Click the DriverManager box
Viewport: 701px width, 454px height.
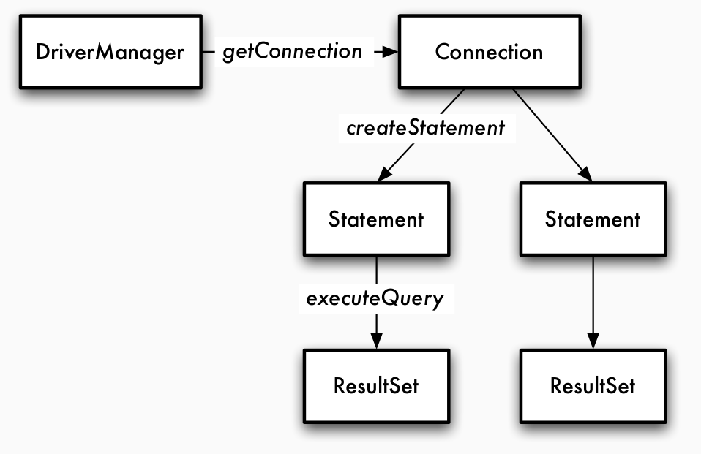(110, 53)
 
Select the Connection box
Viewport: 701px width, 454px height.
(489, 53)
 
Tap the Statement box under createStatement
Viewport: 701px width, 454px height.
(376, 219)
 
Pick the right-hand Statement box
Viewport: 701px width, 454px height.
(593, 219)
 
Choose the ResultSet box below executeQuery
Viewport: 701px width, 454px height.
(376, 385)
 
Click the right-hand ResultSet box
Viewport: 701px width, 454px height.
(593, 385)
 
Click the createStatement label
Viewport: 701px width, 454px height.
(425, 129)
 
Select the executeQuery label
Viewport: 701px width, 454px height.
(376, 300)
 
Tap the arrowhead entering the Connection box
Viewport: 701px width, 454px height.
(391, 53)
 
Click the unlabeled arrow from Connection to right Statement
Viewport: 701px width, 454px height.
(550, 132)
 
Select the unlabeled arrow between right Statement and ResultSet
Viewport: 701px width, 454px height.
(593, 300)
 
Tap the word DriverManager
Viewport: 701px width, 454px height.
(110, 53)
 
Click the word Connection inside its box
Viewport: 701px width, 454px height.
(489, 53)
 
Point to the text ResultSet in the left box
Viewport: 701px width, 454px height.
(376, 385)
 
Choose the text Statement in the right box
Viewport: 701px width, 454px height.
(593, 219)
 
